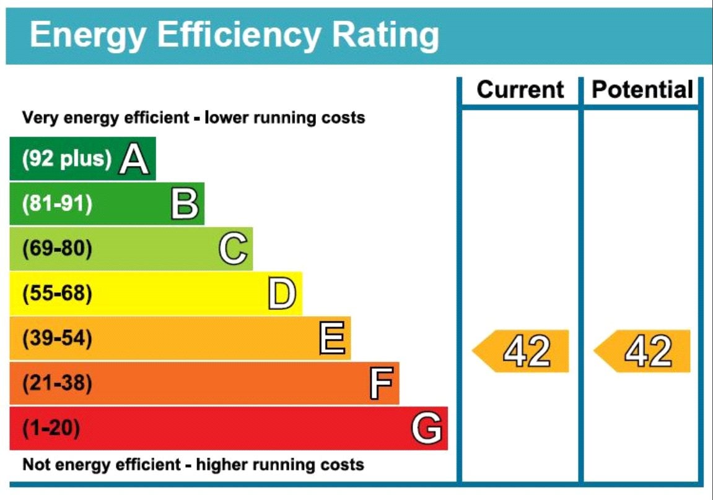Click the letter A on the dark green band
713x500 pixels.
tap(134, 158)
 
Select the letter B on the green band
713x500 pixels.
tap(185, 204)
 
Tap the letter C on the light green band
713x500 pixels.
tap(234, 248)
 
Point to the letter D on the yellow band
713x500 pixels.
tap(282, 293)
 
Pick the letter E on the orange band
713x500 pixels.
tap(332, 338)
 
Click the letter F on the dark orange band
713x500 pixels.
tap(381, 383)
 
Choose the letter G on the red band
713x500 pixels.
tap(427, 428)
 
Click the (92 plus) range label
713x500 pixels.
tap(67, 158)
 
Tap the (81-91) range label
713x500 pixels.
tap(57, 204)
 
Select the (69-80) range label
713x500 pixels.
tap(57, 248)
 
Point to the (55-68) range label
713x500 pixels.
tap(57, 293)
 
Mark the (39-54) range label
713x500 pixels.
tap(57, 338)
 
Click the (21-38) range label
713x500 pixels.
tap(57, 383)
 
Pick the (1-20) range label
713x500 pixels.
tap(51, 428)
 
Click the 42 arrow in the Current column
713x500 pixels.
tap(520, 351)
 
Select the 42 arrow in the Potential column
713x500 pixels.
tap(642, 351)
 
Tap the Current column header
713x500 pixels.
tap(520, 90)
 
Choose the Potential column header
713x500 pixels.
tap(642, 90)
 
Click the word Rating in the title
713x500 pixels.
tap(385, 36)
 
